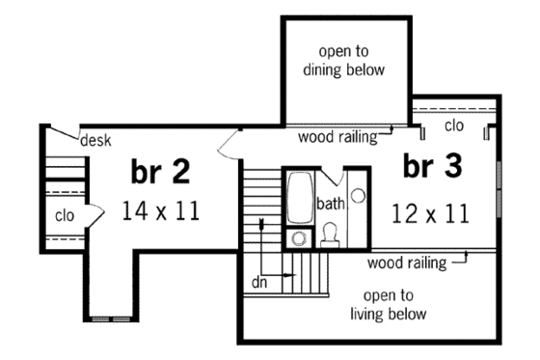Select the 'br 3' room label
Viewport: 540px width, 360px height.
coord(432,166)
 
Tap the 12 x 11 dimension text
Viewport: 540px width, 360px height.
coord(431,212)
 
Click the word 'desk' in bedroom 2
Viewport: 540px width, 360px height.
coord(95,141)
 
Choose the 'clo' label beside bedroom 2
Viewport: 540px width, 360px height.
coord(66,214)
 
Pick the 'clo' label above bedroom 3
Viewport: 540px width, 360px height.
coord(454,125)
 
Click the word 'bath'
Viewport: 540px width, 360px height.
coord(330,204)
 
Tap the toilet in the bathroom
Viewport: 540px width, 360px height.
coord(329,232)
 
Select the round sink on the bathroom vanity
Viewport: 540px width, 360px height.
coord(358,196)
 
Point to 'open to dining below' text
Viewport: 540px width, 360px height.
coord(351,60)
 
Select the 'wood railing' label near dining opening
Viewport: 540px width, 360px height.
coord(337,136)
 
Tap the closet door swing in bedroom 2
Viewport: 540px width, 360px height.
coord(94,214)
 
